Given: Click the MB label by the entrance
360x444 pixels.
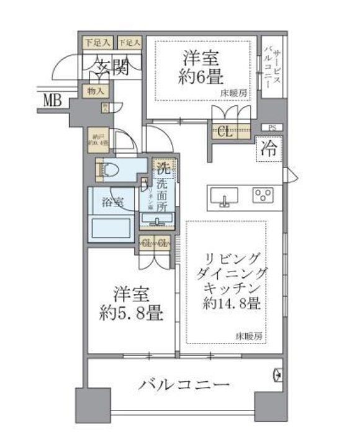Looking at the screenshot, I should pos(52,99).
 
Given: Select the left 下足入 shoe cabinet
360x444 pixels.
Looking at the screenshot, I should pos(97,43).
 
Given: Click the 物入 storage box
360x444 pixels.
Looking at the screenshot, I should pos(96,91).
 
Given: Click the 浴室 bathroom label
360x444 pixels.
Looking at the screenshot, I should pos(112,202).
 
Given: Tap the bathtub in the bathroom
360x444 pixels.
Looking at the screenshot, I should pos(112,228).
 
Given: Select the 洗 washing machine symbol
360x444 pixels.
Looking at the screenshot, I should pos(162,167).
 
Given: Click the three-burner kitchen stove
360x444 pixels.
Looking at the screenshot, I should pos(263,195).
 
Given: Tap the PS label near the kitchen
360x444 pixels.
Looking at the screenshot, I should pos(271,128).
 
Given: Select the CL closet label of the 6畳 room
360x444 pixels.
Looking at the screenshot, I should pos(225,131).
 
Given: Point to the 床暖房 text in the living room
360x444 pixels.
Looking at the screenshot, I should pos(250,335).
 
